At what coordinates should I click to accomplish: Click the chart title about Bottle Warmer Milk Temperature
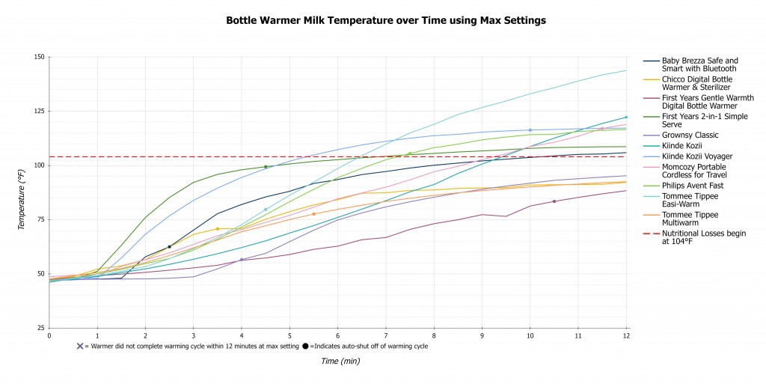(x=386, y=20)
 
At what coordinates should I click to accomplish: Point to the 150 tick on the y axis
(x=39, y=57)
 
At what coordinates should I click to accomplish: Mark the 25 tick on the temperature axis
(x=40, y=328)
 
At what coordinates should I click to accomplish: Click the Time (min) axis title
(x=340, y=361)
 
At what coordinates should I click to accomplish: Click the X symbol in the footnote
(x=79, y=346)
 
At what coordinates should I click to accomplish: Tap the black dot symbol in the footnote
(x=305, y=346)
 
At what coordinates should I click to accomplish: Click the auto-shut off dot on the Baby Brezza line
(x=169, y=246)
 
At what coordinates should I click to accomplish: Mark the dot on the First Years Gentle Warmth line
(x=554, y=201)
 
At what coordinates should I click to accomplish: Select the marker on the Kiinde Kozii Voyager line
(x=530, y=130)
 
